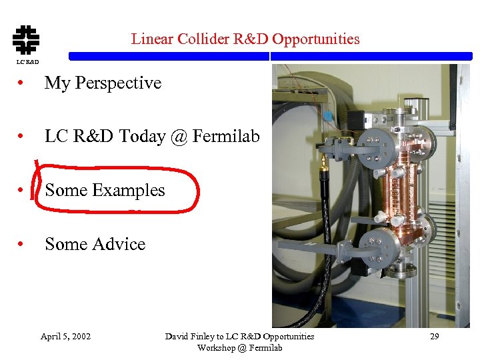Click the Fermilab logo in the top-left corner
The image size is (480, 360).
[26, 39]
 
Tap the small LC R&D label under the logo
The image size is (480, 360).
[27, 62]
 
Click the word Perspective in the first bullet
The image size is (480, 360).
[118, 83]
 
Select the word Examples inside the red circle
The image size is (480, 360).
[129, 191]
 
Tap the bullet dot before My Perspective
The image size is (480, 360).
[23, 84]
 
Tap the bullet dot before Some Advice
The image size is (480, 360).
[23, 245]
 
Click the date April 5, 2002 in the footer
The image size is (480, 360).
[65, 337]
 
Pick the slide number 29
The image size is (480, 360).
[434, 337]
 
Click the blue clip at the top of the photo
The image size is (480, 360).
[327, 115]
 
